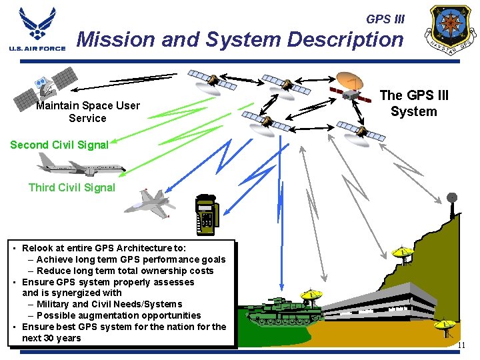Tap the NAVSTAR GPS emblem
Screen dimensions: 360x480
453,30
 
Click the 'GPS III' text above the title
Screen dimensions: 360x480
385,19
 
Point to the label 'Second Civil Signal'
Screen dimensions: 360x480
59,145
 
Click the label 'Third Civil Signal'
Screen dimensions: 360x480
72,187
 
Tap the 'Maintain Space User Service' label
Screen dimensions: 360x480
88,112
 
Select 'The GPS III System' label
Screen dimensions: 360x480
414,103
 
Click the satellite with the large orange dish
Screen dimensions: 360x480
351,87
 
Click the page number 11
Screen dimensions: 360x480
461,345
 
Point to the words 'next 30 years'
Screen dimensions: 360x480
51,338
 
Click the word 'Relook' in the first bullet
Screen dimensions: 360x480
37,248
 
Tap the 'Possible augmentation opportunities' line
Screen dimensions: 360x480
119,315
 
